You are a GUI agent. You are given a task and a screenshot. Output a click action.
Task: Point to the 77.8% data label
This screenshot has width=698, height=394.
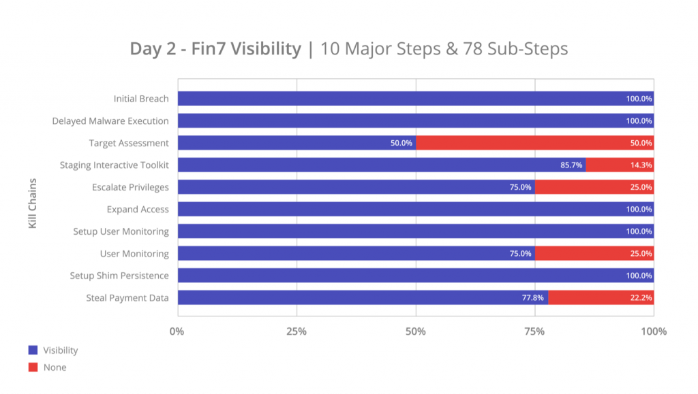(x=534, y=297)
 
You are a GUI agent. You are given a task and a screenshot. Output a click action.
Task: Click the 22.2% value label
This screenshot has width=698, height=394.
(x=640, y=297)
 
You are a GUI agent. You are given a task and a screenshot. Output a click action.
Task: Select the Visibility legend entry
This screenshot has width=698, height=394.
(x=60, y=350)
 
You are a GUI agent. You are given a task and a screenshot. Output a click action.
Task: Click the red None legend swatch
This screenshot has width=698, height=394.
(x=33, y=367)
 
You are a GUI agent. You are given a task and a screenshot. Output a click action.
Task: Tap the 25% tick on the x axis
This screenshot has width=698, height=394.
(x=297, y=331)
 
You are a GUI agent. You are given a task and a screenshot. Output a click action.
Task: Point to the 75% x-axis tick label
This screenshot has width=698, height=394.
(x=534, y=331)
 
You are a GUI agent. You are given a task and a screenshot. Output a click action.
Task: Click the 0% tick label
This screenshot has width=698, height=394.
(x=177, y=331)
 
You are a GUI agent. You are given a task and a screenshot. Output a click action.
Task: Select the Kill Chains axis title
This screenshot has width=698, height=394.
(x=33, y=203)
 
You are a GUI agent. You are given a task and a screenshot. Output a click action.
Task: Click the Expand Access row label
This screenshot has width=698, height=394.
(x=138, y=209)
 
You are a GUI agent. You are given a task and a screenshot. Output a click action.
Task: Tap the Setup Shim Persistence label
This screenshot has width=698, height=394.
(x=119, y=276)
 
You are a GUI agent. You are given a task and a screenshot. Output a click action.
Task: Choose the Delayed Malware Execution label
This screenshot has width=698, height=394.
(x=110, y=121)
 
